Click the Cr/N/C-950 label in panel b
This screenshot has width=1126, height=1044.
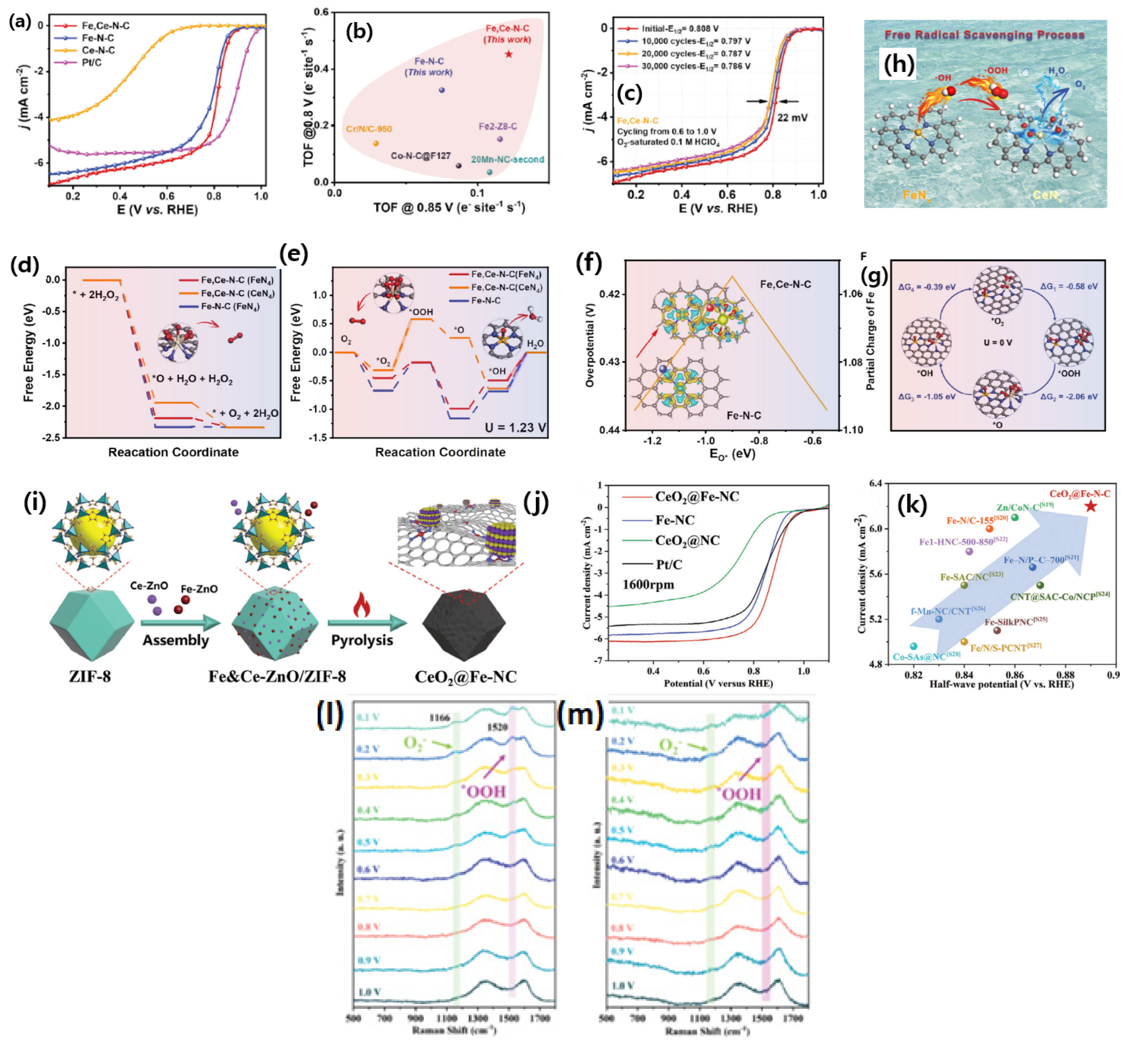(369, 129)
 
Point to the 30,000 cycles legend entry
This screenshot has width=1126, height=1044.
(695, 66)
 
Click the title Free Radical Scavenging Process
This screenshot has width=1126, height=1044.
(984, 35)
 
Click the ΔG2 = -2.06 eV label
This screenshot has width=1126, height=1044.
(1069, 397)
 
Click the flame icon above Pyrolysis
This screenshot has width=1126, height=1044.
(361, 605)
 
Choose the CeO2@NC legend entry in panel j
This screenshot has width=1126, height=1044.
(687, 541)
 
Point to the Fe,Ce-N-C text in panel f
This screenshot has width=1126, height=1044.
(785, 284)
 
